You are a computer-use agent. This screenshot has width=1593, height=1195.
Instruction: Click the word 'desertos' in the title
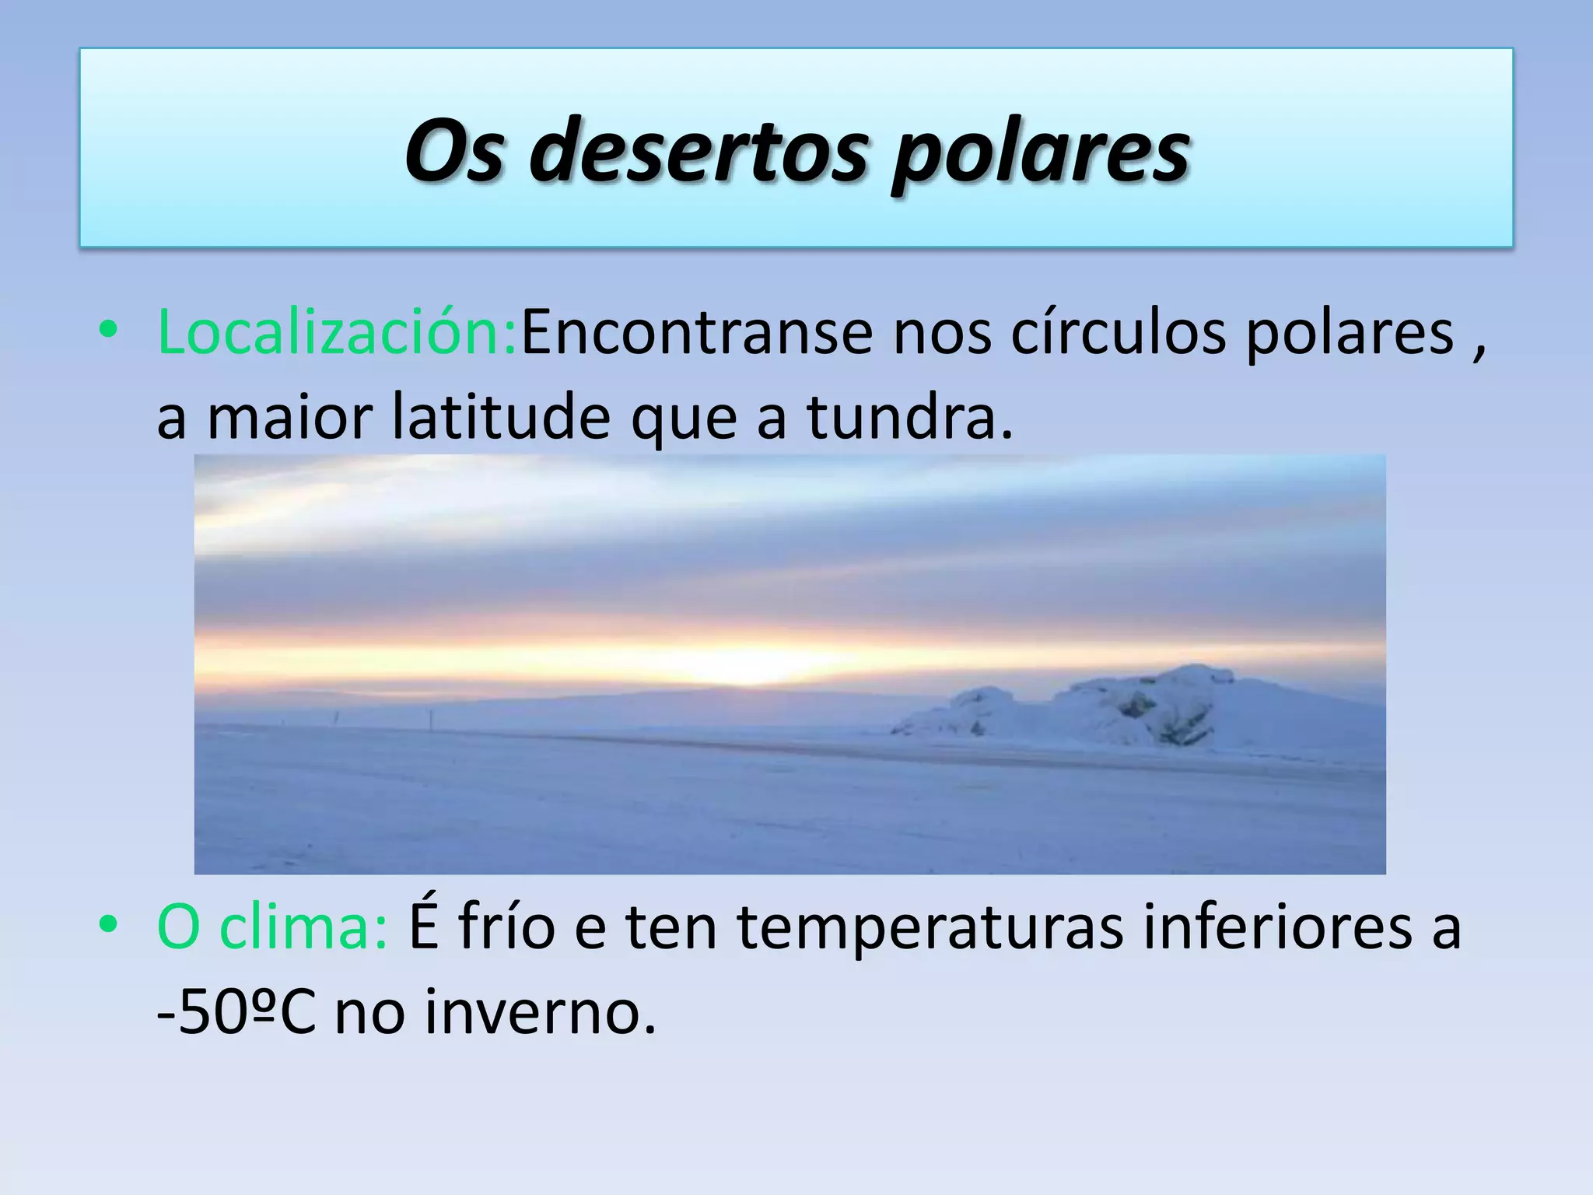point(698,149)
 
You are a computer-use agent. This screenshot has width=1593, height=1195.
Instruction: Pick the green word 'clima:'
point(303,928)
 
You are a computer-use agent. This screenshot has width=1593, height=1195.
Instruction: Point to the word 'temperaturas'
point(930,928)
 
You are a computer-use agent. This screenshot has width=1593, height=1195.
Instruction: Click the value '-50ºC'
point(236,1014)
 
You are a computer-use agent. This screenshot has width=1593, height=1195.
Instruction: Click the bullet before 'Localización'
point(108,331)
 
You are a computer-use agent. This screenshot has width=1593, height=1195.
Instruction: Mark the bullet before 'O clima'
point(108,925)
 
